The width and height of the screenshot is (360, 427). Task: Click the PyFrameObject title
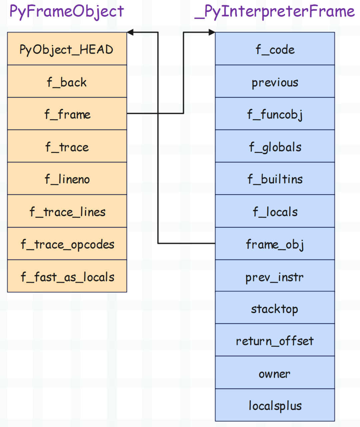67,12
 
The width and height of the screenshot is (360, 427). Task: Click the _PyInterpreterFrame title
274,12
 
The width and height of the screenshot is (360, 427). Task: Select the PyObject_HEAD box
67,49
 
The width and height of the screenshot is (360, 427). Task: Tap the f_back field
67,81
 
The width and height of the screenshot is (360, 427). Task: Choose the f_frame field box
67,114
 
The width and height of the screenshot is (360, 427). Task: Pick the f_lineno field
67,178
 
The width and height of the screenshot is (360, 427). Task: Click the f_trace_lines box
67,211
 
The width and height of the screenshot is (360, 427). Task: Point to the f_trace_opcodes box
67,243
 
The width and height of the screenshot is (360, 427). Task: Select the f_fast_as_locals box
67,276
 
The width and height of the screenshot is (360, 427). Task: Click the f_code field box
275,49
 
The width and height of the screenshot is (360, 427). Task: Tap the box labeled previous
275,81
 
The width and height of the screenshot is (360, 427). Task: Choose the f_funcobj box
275,114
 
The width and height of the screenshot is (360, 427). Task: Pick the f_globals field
275,146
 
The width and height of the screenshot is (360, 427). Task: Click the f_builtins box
275,178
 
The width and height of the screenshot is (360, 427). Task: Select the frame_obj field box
275,243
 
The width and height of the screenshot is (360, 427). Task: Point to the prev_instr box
275,275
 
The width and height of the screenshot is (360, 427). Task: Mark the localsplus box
275,405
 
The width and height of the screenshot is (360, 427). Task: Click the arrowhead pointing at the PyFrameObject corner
130,32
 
